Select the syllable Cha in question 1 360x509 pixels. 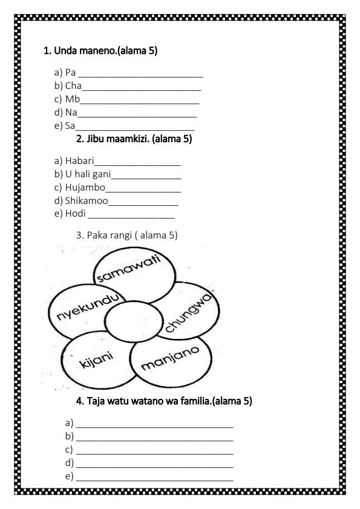[73, 86]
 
